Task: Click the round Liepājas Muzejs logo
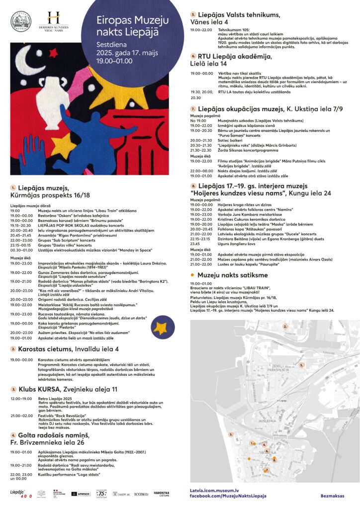[x=20, y=22]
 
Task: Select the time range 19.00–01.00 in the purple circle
[x=114, y=61]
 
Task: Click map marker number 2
[x=285, y=327]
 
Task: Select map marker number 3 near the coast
[x=231, y=434]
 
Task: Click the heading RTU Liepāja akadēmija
[x=234, y=57]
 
